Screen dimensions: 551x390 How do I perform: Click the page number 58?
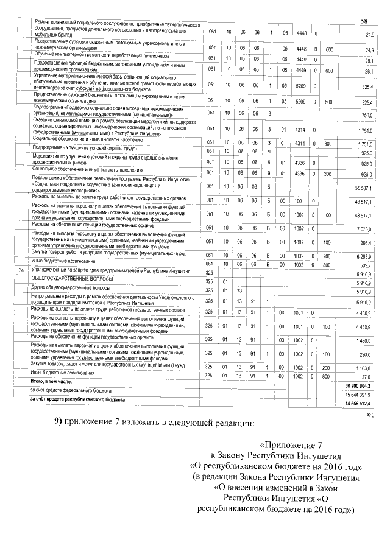(364, 23)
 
